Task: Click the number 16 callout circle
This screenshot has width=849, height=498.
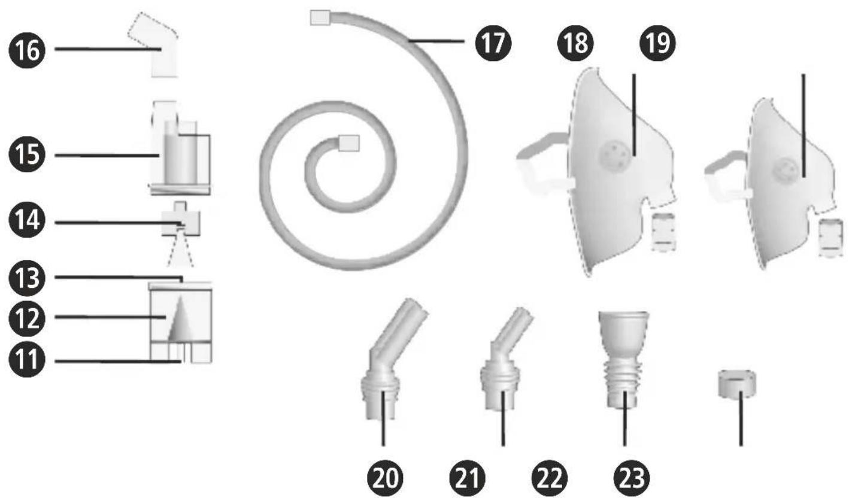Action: [27, 50]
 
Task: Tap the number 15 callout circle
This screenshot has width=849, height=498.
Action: [27, 154]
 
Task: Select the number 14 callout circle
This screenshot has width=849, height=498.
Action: [27, 220]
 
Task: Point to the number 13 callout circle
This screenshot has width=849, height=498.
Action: [27, 278]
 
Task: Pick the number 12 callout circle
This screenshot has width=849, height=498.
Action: [27, 318]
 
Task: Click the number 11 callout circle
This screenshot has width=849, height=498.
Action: [27, 359]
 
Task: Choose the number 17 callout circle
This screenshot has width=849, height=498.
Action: [493, 43]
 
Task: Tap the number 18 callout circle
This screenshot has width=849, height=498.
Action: [575, 43]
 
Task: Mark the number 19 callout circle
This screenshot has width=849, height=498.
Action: [657, 43]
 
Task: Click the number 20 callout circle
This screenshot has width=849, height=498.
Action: [386, 478]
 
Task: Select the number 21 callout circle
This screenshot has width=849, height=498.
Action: [468, 478]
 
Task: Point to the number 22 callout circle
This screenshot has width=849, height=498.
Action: [550, 478]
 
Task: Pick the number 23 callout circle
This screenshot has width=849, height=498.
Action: [632, 478]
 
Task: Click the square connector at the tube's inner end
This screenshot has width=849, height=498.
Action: [348, 143]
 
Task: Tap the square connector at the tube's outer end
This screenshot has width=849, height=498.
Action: [320, 18]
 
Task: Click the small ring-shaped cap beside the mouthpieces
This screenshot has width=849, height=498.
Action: [737, 384]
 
